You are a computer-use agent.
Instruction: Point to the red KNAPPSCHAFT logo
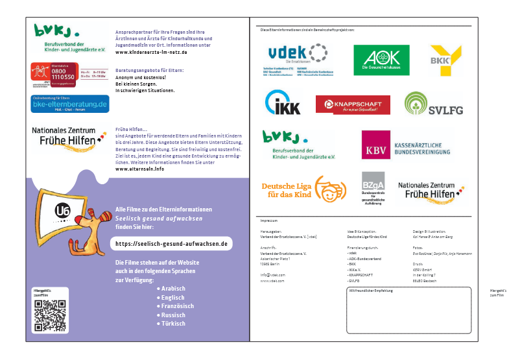coord(353,104)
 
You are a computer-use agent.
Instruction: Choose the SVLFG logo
coord(434,104)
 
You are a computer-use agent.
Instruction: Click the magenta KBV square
coord(376,145)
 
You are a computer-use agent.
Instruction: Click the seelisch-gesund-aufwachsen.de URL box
coord(171,244)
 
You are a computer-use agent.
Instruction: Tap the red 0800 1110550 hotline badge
coord(55,76)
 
